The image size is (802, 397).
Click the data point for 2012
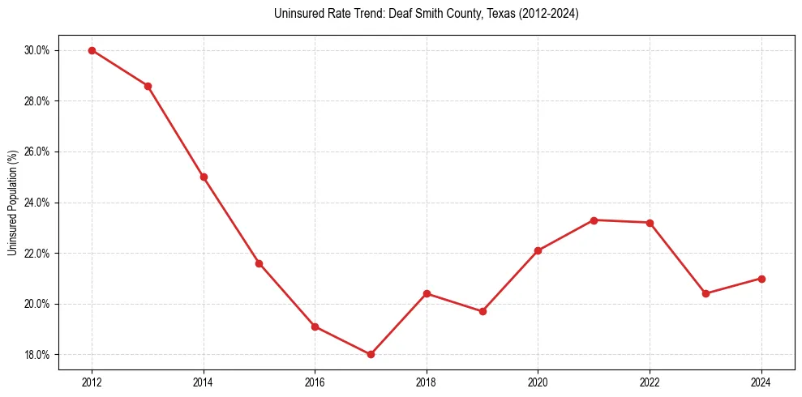(x=92, y=50)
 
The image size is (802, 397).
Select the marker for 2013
(x=148, y=86)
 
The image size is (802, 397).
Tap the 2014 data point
(x=204, y=177)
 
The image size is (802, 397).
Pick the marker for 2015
(x=259, y=263)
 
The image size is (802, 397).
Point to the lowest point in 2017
(x=371, y=354)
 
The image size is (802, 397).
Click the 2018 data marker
(x=427, y=293)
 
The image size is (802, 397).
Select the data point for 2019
(x=482, y=311)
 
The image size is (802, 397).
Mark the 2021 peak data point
(x=594, y=220)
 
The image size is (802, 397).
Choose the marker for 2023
(x=706, y=293)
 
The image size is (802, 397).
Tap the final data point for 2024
(x=761, y=278)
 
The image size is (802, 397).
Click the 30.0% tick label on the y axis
(x=36, y=50)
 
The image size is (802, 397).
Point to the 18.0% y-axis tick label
(x=36, y=355)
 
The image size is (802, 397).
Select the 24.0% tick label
(x=36, y=203)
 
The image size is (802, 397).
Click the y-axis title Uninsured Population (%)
(x=12, y=203)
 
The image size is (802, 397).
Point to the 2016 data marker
(x=315, y=327)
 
